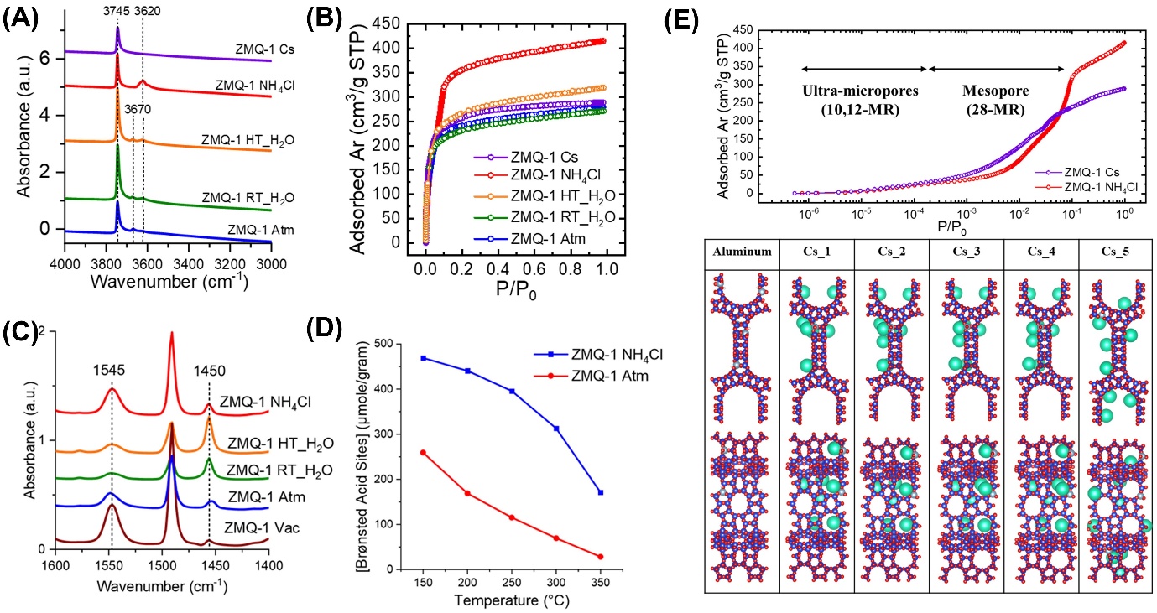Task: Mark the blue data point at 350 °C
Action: (x=601, y=492)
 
